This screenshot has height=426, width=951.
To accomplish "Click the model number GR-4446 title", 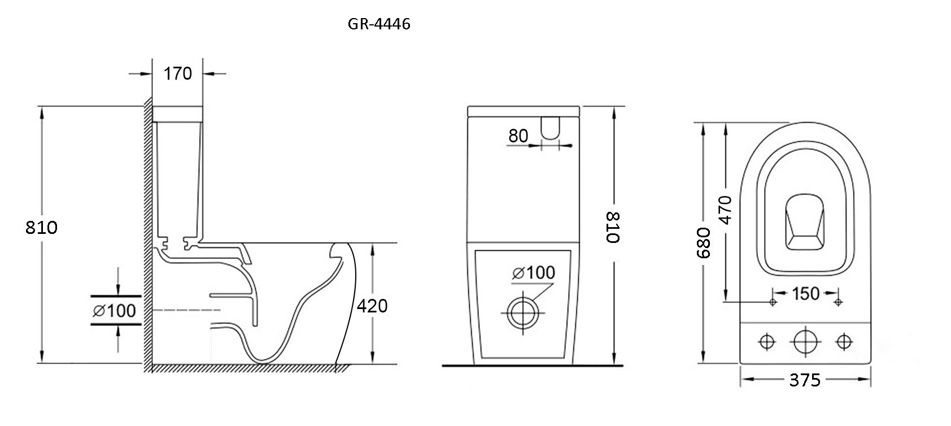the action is (379, 24).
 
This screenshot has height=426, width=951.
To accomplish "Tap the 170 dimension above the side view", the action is (178, 74).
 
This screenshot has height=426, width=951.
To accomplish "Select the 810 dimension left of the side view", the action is (41, 228).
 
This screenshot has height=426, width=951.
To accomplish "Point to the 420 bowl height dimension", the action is (372, 306).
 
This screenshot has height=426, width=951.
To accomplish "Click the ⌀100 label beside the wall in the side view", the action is (114, 311).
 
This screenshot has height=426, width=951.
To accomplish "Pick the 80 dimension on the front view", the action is (518, 136).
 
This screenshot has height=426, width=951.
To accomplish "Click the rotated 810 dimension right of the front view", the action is (613, 227).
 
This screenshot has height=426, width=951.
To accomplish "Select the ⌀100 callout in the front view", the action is (533, 273).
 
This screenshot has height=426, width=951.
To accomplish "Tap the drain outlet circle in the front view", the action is (523, 313).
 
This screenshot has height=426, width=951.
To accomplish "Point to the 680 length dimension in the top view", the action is (703, 242).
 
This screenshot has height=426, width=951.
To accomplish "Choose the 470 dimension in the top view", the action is (725, 210).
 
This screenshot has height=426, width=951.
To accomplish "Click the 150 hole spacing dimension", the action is (805, 293).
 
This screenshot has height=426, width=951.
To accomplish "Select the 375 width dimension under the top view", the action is (805, 380).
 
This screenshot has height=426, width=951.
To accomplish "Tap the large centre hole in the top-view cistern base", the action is (805, 341).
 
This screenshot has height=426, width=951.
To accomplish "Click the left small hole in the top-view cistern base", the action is (767, 341).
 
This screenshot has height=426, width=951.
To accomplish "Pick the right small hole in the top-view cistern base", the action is (844, 341).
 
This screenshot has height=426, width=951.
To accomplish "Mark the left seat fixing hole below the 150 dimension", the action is (773, 302).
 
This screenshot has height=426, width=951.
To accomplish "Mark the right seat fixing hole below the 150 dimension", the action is (838, 302).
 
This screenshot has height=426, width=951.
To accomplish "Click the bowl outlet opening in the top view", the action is (805, 222).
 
